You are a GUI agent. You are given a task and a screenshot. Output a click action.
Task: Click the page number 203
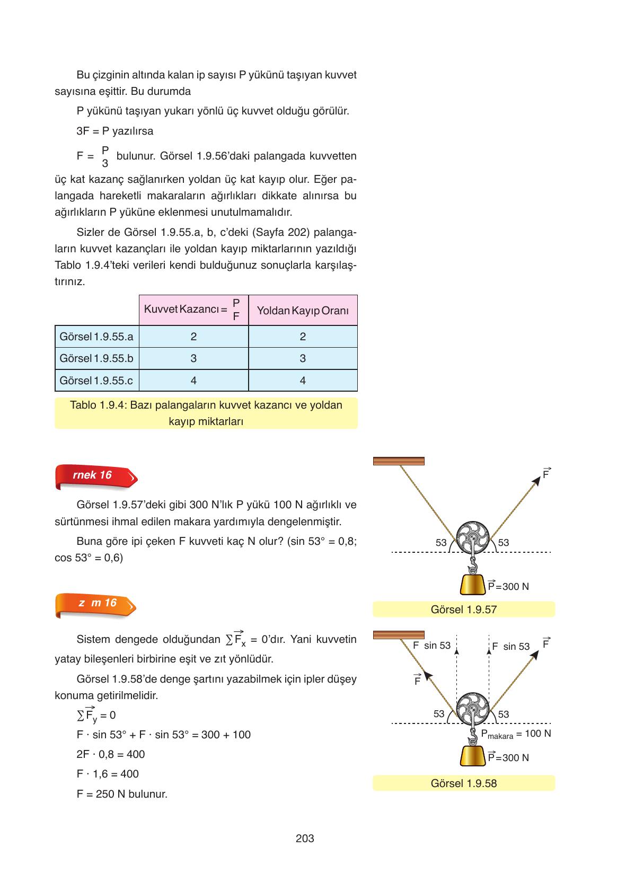click(x=305, y=838)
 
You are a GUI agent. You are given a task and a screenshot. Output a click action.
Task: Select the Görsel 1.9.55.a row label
click(x=96, y=337)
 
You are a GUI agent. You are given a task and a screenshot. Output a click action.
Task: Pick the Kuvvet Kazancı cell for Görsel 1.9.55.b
click(x=193, y=358)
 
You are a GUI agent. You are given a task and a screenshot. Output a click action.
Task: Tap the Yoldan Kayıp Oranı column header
click(x=303, y=311)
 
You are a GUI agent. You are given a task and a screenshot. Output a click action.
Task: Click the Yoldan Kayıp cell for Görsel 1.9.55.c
click(x=303, y=381)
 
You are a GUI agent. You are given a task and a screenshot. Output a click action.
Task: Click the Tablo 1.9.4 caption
click(x=206, y=413)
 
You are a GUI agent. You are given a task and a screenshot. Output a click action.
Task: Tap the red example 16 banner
click(x=96, y=475)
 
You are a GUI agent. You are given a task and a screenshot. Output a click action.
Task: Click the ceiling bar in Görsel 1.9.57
click(x=399, y=461)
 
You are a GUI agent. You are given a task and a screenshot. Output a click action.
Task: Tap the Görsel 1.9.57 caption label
click(x=463, y=610)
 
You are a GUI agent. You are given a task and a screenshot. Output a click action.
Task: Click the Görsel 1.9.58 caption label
click(x=463, y=783)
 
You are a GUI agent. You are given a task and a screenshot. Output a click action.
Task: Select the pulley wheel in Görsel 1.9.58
click(x=471, y=710)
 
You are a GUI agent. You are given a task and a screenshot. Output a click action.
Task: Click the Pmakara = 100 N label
click(x=515, y=734)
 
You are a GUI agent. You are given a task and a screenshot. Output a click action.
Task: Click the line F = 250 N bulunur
click(x=122, y=794)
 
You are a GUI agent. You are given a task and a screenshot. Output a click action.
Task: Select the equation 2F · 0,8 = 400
click(x=110, y=754)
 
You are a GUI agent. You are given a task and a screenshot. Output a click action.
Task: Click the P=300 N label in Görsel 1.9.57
click(x=508, y=586)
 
